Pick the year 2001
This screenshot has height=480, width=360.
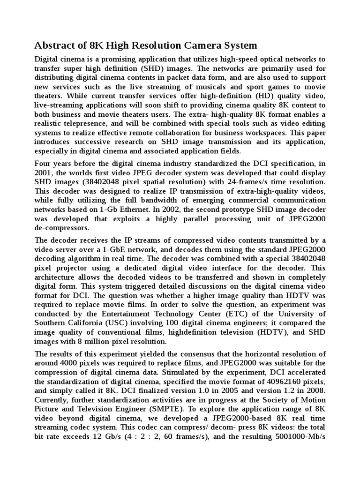pyautogui.click(x=45, y=172)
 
